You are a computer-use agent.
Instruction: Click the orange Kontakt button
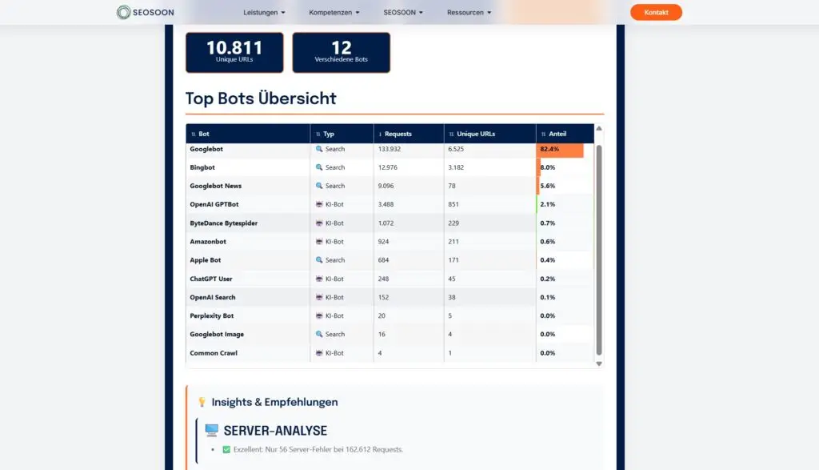tap(656, 12)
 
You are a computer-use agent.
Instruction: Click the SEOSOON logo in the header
tap(145, 12)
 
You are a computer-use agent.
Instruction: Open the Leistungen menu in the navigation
tap(264, 13)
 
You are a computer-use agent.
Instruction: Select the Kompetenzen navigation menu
tap(334, 13)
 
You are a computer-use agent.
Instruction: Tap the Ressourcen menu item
tap(469, 13)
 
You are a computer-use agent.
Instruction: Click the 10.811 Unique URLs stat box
tap(234, 52)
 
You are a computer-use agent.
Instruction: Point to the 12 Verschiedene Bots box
tap(341, 52)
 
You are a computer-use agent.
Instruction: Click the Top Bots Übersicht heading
tap(261, 98)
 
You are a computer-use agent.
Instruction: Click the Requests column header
tap(398, 134)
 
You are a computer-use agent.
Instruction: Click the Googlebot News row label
tap(215, 186)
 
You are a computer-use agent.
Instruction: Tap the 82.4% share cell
tap(550, 149)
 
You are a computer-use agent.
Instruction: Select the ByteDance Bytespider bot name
tap(223, 223)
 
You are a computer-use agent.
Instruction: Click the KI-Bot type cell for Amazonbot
tap(334, 241)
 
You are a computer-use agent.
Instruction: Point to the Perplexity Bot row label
tap(212, 315)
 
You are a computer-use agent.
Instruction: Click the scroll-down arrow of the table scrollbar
tap(599, 364)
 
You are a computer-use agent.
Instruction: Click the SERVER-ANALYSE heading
tap(275, 431)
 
